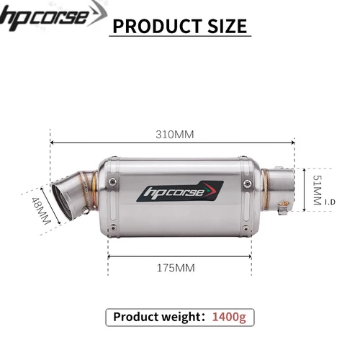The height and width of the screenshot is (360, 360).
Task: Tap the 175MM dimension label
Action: point(176,268)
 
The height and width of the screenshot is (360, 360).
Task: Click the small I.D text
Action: point(330,203)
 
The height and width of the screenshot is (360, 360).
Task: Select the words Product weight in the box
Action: point(157,316)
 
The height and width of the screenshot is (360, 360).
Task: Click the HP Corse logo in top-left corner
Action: point(45,16)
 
